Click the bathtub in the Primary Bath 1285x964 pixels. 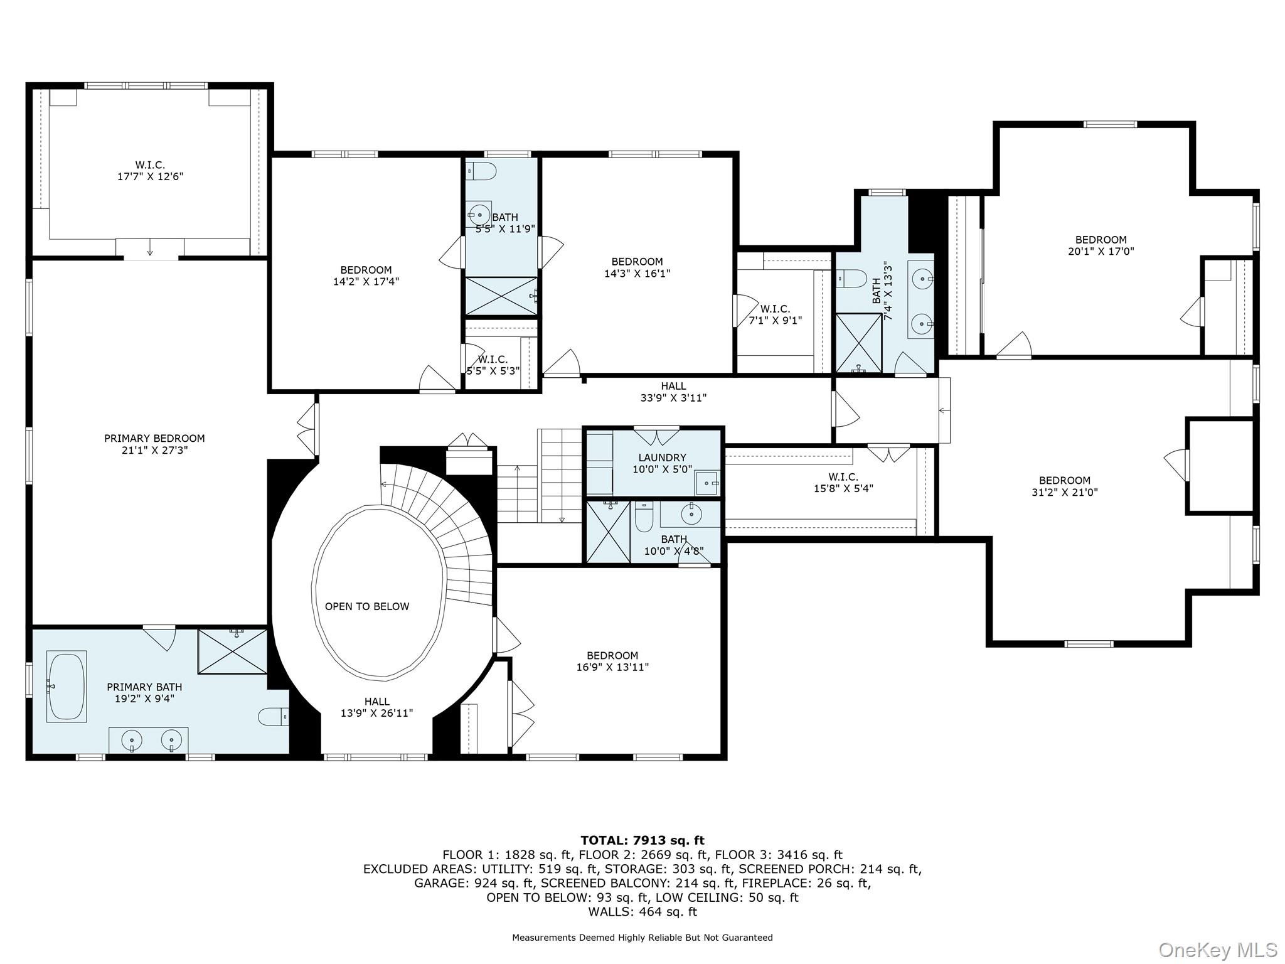coord(67,686)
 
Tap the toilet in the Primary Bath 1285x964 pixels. coord(274,716)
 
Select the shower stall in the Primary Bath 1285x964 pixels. coord(233,651)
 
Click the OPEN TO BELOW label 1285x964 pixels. coord(367,606)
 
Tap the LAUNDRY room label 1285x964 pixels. coord(662,458)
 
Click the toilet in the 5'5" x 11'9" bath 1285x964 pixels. coord(481,171)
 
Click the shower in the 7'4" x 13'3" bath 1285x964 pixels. coord(859,343)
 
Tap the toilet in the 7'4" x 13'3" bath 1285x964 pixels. coord(851,277)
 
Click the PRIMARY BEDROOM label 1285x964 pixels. coord(154,438)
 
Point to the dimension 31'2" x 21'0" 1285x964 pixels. coord(1065,493)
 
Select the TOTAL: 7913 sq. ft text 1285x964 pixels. coord(642,840)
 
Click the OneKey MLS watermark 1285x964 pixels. coord(1218,950)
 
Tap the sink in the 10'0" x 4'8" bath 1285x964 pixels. coord(691,514)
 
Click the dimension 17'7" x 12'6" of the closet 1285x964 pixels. coord(150,177)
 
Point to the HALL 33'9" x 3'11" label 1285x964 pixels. coord(673,392)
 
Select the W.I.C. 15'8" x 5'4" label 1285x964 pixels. coord(843,482)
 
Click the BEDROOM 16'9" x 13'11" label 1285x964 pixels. coord(612,661)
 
